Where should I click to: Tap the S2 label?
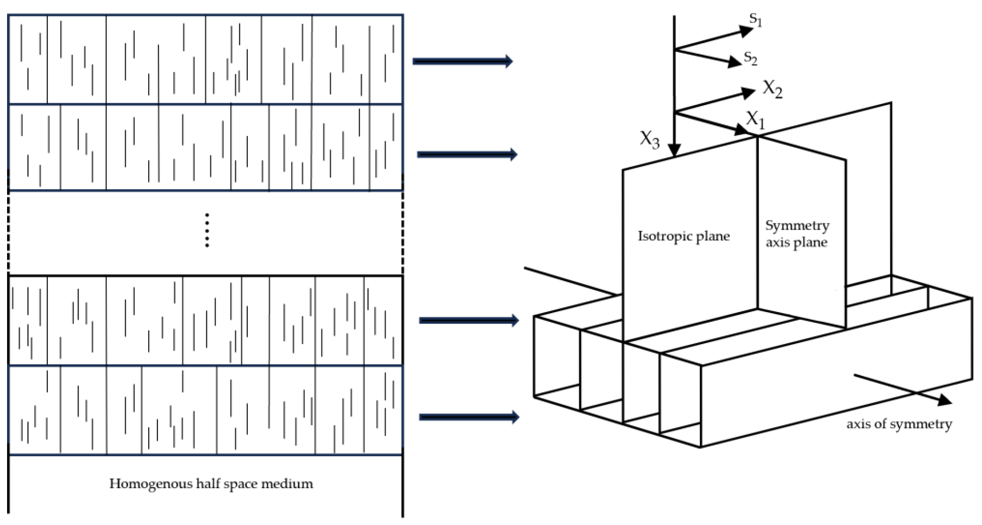pyautogui.click(x=750, y=58)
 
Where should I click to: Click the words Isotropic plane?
pyautogui.click(x=684, y=236)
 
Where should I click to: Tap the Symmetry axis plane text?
pyautogui.click(x=797, y=234)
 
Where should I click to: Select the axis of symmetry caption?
pyautogui.click(x=899, y=424)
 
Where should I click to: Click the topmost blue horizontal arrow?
pyautogui.click(x=462, y=61)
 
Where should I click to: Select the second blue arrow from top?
pyautogui.click(x=467, y=154)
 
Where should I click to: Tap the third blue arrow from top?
pyautogui.click(x=469, y=320)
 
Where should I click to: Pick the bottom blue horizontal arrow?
pyautogui.click(x=469, y=417)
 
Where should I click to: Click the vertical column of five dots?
pyautogui.click(x=207, y=230)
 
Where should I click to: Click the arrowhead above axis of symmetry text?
pyautogui.click(x=945, y=400)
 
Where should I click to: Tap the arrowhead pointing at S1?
pyautogui.click(x=746, y=31)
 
